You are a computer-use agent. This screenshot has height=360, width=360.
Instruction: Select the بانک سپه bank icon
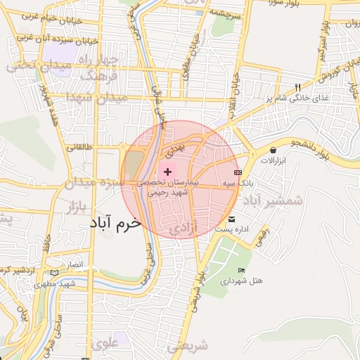coord(238,172)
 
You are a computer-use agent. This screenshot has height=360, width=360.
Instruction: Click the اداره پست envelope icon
coord(232,220)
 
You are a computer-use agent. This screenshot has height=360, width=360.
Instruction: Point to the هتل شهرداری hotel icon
coord(242,271)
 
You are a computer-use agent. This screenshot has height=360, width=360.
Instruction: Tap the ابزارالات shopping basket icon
coord(273,150)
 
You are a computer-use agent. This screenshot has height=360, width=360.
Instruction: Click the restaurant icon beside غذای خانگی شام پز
coord(298,88)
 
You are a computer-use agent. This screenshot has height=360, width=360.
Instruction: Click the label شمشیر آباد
coord(273,201)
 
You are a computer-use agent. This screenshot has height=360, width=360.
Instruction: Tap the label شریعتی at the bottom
coord(188,346)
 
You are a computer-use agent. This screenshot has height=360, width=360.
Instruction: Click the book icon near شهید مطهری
coord(56,272)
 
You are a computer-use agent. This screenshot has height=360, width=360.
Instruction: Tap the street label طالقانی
coord(79,148)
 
